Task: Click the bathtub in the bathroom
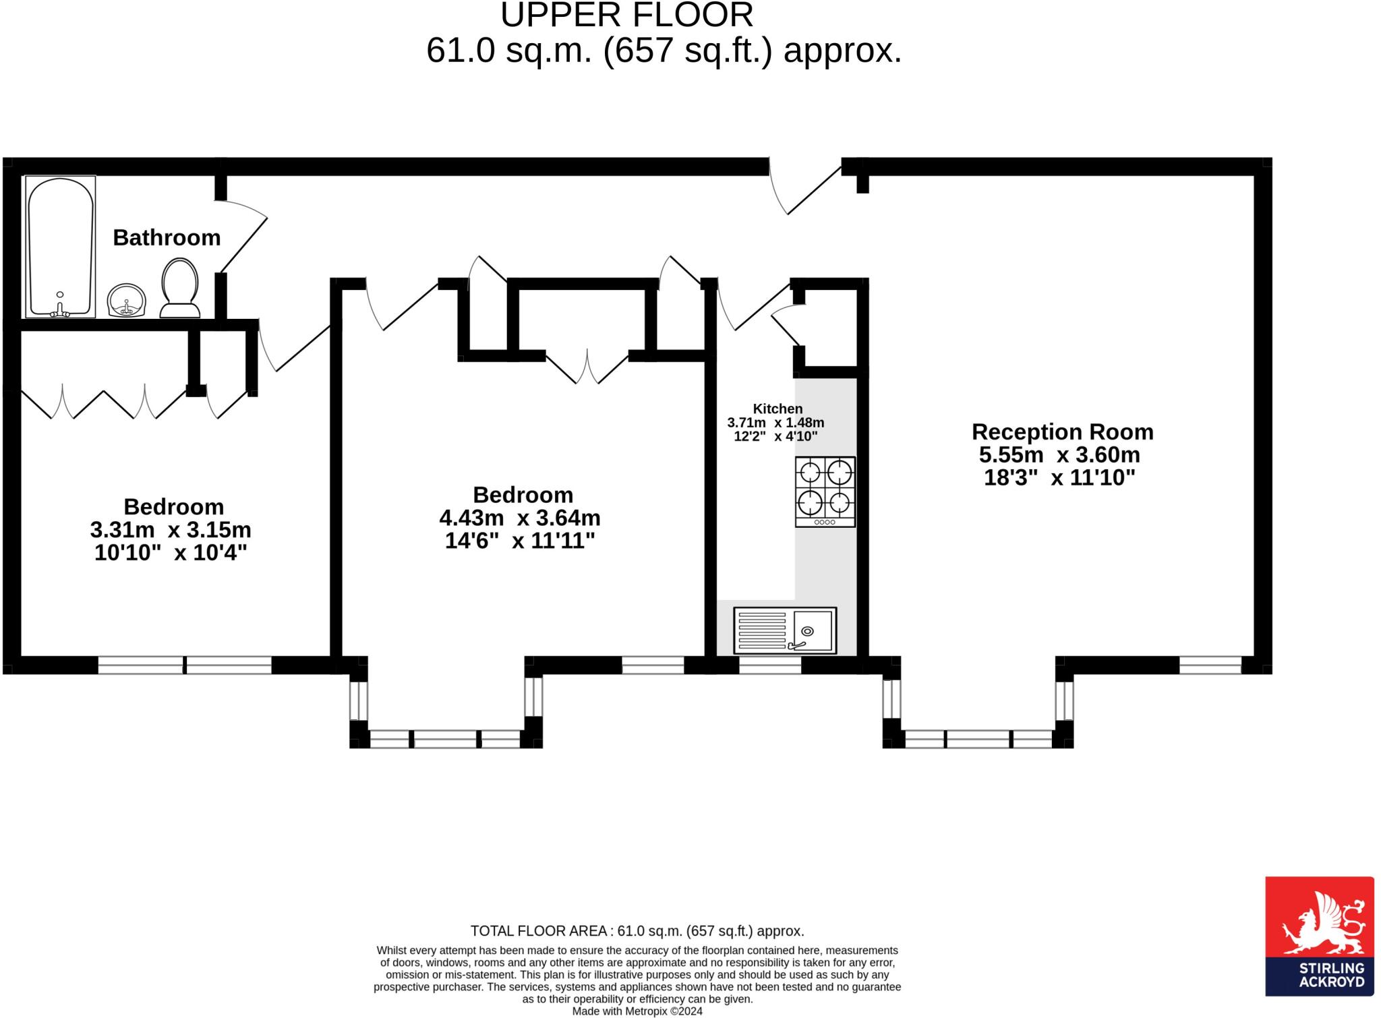pos(60,247)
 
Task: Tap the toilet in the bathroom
pos(179,289)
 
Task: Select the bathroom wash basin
pos(126,300)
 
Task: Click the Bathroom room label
pos(167,237)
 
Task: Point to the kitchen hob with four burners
pos(825,491)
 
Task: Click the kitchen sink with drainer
pos(784,630)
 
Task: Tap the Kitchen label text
pos(777,409)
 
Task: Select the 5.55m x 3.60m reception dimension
pos(1059,454)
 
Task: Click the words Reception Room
pos(1062,431)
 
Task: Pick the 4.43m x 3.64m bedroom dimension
pos(519,518)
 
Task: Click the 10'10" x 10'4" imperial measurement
pos(171,553)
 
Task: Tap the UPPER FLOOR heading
pos(626,15)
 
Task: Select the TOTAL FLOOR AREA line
pos(637,931)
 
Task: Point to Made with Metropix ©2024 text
pos(637,1011)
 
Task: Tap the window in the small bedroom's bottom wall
pos(185,665)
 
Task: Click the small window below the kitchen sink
pos(770,665)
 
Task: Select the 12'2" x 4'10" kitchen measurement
pos(775,436)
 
